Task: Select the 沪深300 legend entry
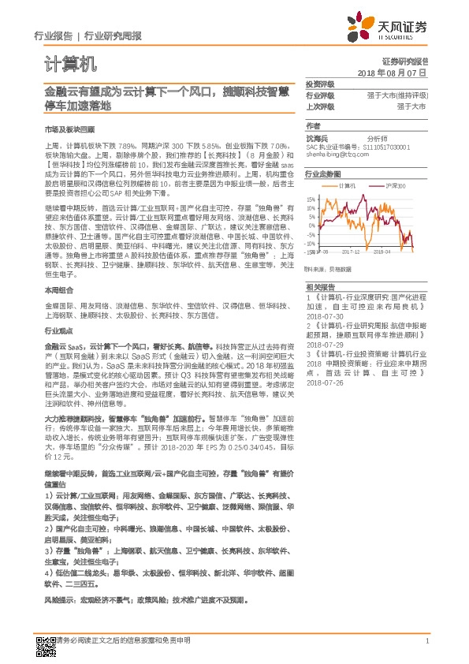[395, 186]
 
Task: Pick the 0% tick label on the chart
[313, 222]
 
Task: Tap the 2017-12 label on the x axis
[351, 252]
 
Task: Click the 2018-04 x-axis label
[382, 252]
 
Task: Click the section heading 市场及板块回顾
[62, 128]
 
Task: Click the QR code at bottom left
[45, 644]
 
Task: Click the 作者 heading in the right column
[312, 126]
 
